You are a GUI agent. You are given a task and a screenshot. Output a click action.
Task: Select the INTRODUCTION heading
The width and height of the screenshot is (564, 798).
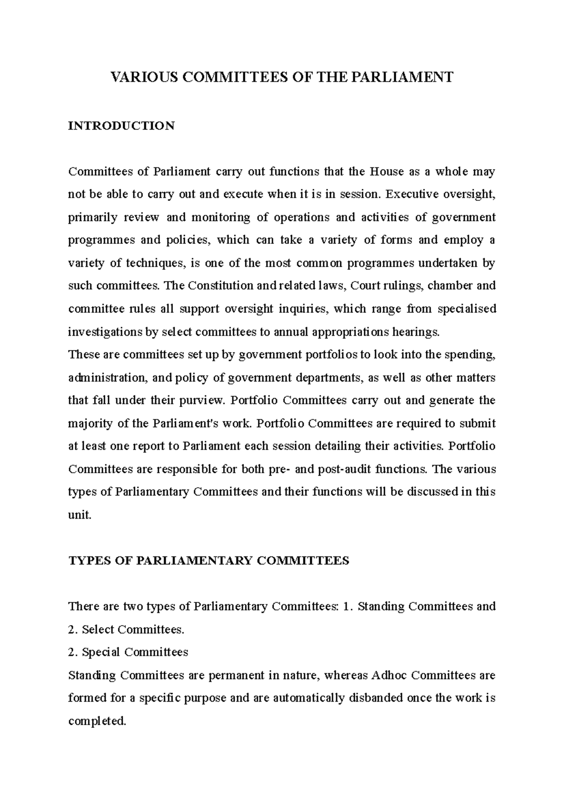point(121,126)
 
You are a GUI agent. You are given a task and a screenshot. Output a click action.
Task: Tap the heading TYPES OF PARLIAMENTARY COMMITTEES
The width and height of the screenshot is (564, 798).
point(209,561)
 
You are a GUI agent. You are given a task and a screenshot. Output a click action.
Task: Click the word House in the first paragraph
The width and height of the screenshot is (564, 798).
point(387,172)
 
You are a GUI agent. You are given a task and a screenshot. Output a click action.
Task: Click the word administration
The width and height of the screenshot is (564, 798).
point(105,378)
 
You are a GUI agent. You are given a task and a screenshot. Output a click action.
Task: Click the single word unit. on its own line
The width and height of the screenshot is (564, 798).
point(79,515)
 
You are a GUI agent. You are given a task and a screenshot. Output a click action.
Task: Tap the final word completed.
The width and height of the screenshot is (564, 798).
point(97,721)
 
